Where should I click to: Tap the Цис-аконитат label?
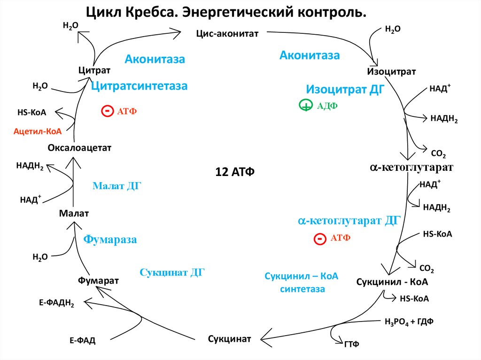click(x=227, y=34)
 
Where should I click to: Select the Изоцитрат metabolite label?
click(x=391, y=71)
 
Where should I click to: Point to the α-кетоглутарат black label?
click(x=411, y=167)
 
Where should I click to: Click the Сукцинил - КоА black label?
click(x=392, y=283)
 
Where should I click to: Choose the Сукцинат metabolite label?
click(x=229, y=338)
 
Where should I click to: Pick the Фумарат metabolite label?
click(x=98, y=280)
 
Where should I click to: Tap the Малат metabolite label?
click(x=74, y=213)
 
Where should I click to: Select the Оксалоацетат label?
click(x=79, y=148)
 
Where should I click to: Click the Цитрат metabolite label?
click(x=94, y=70)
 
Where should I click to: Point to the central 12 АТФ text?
click(x=235, y=171)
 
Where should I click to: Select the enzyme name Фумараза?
click(x=110, y=240)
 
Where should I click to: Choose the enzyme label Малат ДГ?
click(x=117, y=186)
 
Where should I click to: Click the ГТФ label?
click(x=351, y=344)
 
